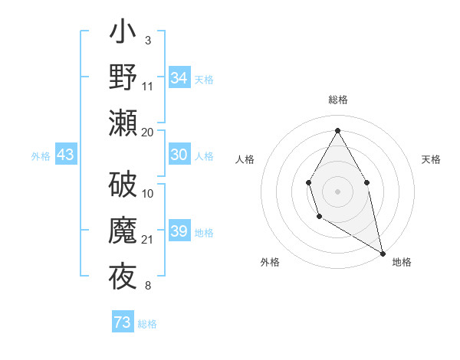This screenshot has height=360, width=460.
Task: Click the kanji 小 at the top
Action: [123, 34]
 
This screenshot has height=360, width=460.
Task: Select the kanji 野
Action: [123, 78]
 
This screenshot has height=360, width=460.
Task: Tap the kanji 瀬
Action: [123, 123]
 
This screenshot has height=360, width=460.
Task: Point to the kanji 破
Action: [123, 185]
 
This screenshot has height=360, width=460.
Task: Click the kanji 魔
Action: [123, 231]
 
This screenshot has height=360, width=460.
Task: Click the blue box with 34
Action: [179, 78]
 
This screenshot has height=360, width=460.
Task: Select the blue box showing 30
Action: [179, 155]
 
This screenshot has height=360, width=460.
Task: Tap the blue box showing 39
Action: [179, 232]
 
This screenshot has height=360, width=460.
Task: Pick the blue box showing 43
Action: [66, 155]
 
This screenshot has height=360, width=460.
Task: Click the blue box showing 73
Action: [123, 322]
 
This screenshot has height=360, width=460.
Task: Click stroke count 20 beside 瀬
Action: [148, 132]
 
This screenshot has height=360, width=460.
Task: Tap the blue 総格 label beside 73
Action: [147, 324]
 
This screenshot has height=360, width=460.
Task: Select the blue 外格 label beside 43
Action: [41, 156]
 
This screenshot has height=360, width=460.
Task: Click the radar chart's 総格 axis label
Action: [338, 100]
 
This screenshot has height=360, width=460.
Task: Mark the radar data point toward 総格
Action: [337, 129]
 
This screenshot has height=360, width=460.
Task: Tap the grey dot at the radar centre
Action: [337, 191]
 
